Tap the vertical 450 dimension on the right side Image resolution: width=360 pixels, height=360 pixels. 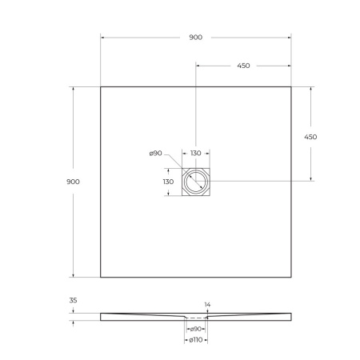pyautogui.click(x=310, y=136)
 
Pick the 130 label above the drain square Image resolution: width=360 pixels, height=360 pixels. pyautogui.click(x=195, y=154)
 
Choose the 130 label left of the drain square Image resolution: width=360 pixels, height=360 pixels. pyautogui.click(x=168, y=182)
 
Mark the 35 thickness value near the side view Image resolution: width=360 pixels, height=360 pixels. pyautogui.click(x=74, y=300)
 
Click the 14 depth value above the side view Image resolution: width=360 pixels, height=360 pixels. pyautogui.click(x=208, y=306)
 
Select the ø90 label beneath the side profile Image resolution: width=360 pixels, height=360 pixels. pyautogui.click(x=195, y=329)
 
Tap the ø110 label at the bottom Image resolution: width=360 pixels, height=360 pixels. pyautogui.click(x=195, y=341)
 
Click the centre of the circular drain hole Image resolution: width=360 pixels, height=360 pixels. pyautogui.click(x=195, y=182)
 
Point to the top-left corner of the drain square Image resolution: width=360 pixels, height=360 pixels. pyautogui.click(x=182, y=168)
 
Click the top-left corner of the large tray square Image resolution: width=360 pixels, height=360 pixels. pyautogui.click(x=101, y=86)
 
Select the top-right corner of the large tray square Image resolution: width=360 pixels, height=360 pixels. pyautogui.click(x=290, y=86)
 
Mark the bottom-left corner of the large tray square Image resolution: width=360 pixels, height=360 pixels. pyautogui.click(x=101, y=277)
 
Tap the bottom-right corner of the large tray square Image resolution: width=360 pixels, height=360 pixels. pyautogui.click(x=290, y=277)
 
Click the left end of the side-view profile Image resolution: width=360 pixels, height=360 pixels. pyautogui.click(x=102, y=316)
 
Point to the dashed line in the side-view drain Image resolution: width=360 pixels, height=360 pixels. pyautogui.click(x=195, y=318)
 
